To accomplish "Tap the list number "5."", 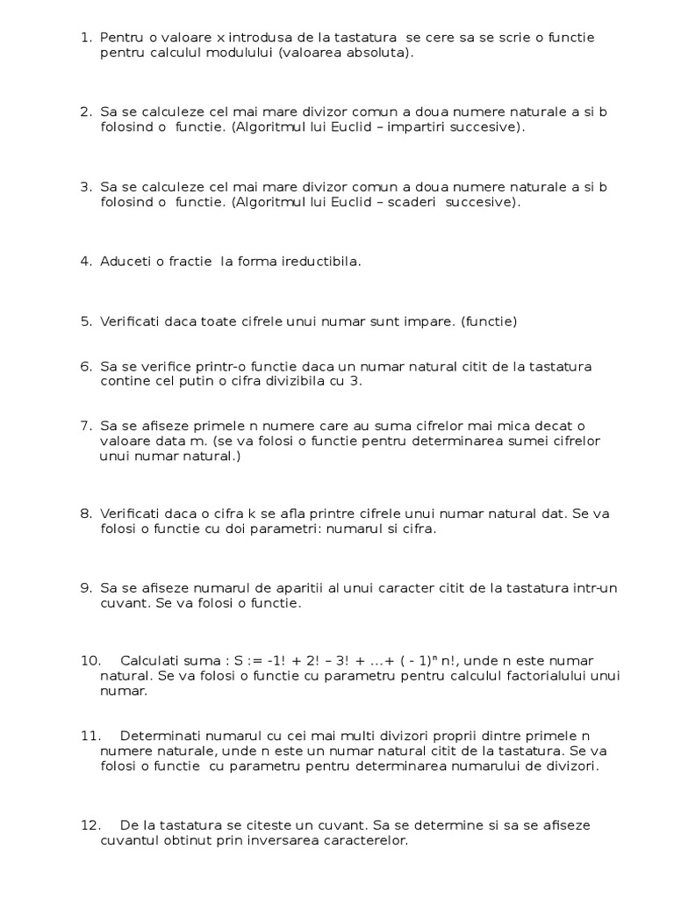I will [86, 321].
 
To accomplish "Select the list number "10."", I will [90, 661].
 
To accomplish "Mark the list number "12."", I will [90, 826].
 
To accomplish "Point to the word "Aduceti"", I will [125, 262].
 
